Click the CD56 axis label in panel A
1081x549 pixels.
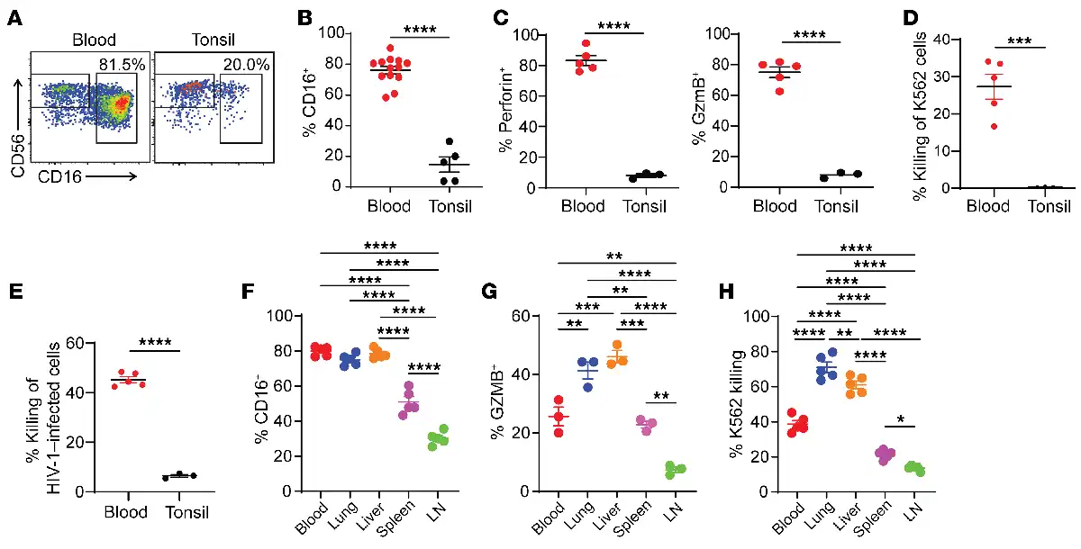coord(15,112)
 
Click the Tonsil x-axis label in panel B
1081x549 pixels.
coord(447,206)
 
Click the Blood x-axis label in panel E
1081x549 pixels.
coord(127,512)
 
